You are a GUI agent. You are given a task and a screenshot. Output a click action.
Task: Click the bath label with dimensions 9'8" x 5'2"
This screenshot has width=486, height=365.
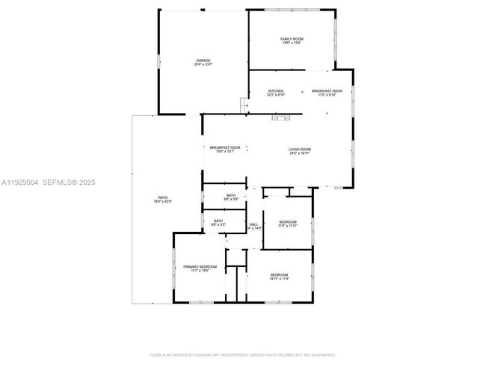(x=218, y=222)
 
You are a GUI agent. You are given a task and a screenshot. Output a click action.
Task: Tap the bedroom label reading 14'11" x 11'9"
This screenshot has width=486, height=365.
(x=279, y=277)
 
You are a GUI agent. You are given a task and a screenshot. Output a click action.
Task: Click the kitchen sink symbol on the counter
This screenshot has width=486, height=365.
(x=282, y=117)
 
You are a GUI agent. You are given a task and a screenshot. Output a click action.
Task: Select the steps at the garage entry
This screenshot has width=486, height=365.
(x=244, y=107)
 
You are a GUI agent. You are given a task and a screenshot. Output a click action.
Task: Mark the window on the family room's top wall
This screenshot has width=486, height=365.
(x=292, y=10)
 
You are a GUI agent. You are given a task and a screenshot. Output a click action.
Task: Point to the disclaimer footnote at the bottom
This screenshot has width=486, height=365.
(x=242, y=355)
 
